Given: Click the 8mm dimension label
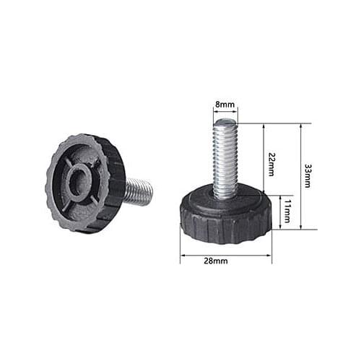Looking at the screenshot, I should point(225,105).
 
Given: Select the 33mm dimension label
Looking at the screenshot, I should point(308,175).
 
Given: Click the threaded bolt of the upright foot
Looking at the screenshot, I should point(225,159).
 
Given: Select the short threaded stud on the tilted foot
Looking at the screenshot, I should point(139,192).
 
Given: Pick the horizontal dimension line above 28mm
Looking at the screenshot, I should point(225,253).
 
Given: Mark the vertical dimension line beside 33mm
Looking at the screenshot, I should point(300,176).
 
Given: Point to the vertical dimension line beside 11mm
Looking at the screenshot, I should point(280,212).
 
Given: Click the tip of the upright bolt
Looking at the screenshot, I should point(225,123).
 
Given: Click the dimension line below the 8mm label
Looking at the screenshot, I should point(225,113).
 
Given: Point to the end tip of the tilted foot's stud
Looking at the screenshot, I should point(150,191).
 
